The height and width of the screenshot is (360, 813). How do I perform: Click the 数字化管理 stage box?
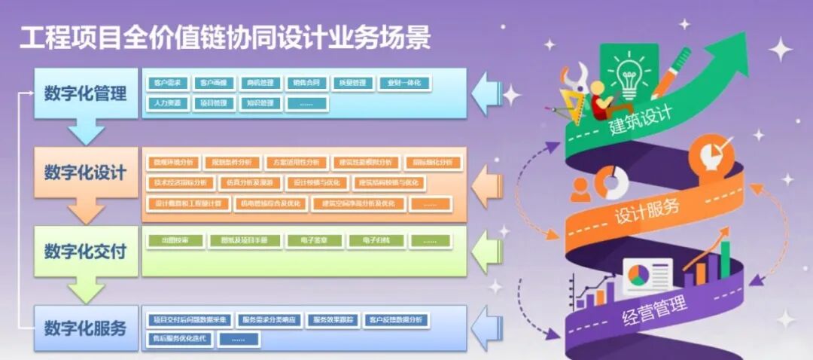click(86, 93)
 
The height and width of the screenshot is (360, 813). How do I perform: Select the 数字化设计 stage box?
click(86, 172)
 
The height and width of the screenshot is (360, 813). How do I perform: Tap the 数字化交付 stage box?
click(86, 251)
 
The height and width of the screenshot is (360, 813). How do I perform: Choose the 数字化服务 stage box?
click(86, 328)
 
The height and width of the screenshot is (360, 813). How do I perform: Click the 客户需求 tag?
click(166, 83)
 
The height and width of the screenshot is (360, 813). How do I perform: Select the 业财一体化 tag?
click(404, 83)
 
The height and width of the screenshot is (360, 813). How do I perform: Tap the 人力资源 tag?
click(166, 103)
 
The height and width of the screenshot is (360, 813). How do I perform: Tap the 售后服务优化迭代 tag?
click(178, 339)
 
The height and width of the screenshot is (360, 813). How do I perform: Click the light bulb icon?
click(629, 72)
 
